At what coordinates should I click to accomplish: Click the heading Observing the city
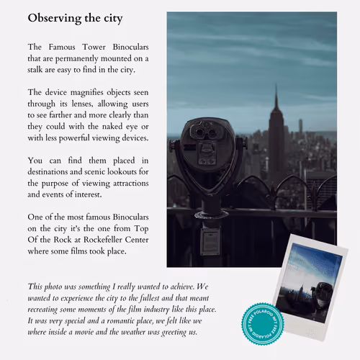pos(75,18)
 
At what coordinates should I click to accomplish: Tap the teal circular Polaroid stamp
pos(262,320)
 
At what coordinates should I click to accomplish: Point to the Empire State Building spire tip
pos(275,88)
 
